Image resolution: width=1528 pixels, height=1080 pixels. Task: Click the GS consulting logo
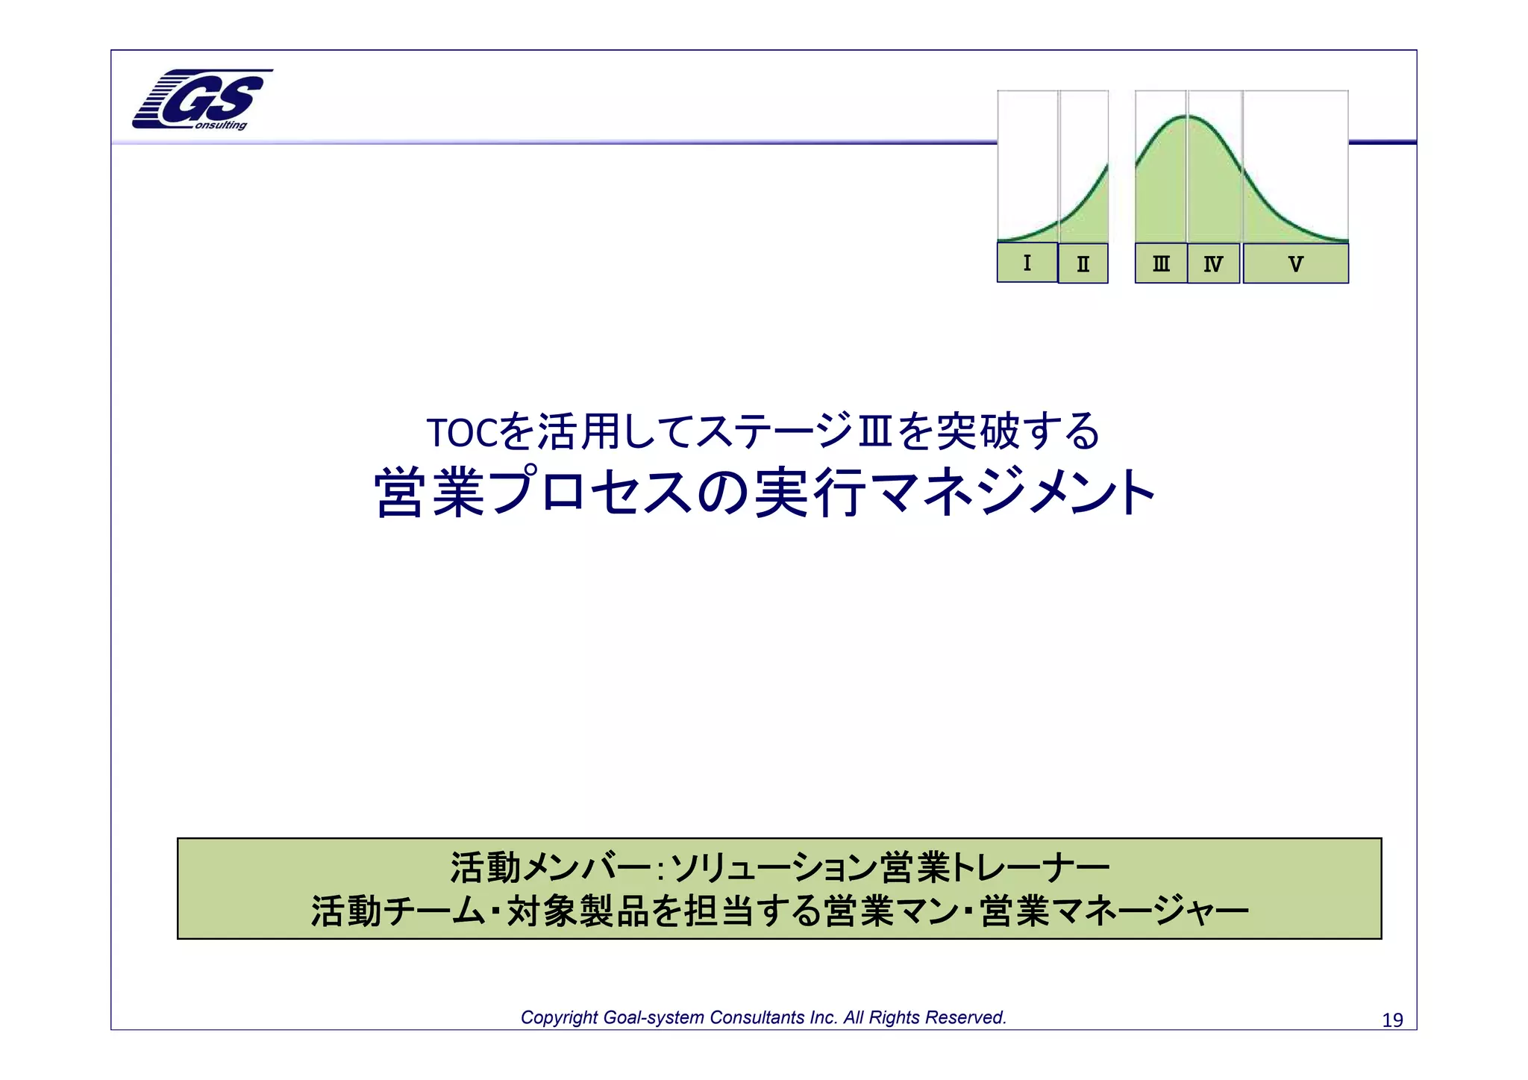pyautogui.click(x=200, y=100)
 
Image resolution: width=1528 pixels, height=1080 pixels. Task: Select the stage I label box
pyautogui.click(x=1027, y=263)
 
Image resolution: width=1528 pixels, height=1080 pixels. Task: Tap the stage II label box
pyautogui.click(x=1083, y=263)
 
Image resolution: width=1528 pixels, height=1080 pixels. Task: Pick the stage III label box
pyautogui.click(x=1161, y=263)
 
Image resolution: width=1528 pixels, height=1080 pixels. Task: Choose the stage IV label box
pyautogui.click(x=1213, y=263)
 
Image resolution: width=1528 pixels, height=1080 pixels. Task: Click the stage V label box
pyautogui.click(x=1295, y=263)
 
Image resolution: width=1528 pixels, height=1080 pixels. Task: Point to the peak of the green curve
pyautogui.click(x=1189, y=116)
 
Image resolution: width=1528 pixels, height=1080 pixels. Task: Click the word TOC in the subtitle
pyautogui.click(x=461, y=433)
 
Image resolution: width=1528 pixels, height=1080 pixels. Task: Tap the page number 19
pyautogui.click(x=1392, y=1020)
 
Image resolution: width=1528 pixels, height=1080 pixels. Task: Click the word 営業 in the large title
pyautogui.click(x=430, y=493)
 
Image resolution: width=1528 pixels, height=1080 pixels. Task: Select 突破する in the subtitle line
pyautogui.click(x=1017, y=431)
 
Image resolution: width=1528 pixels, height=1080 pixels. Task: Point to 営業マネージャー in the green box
pyautogui.click(x=1115, y=911)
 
